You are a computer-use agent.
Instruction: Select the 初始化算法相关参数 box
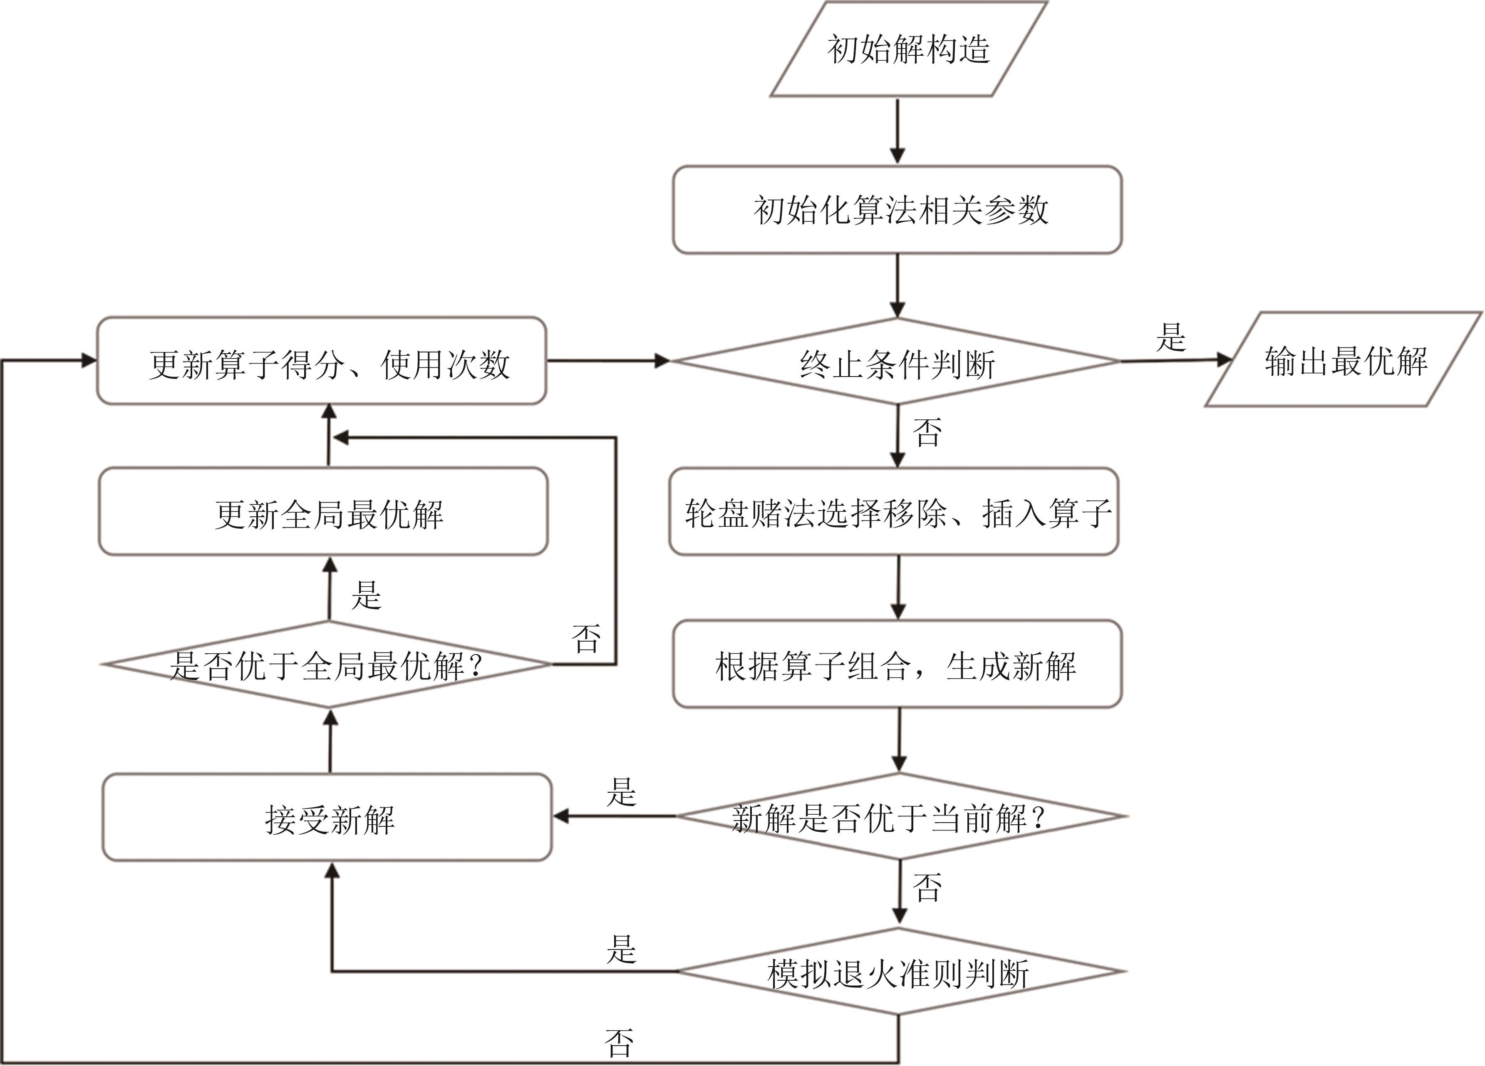pos(897,210)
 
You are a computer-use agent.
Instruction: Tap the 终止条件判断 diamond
pos(897,362)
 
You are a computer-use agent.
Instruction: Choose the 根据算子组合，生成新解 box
pos(897,664)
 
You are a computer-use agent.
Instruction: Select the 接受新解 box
pos(328,818)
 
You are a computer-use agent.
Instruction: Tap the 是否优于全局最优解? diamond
pos(327,664)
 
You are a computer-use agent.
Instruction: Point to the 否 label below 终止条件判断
pos(927,433)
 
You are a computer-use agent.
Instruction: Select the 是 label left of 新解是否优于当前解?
pos(621,792)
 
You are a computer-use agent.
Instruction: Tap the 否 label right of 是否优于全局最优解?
pos(586,638)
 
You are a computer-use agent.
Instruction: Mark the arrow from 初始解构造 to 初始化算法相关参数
pos(897,131)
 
